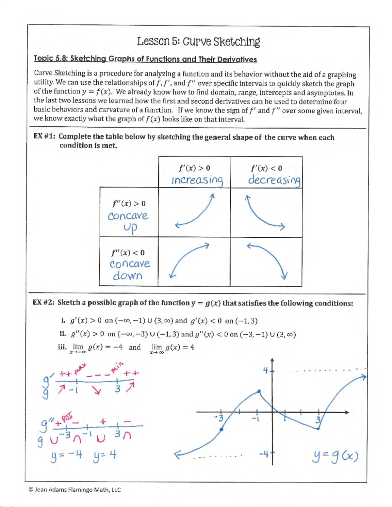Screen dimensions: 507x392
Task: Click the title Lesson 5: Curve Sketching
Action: [x=198, y=42]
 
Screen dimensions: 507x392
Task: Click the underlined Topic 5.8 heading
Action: [x=145, y=59]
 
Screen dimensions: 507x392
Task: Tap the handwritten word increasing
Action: [x=197, y=180]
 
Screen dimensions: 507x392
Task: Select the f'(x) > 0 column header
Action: [x=194, y=168]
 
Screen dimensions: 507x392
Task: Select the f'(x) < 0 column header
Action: [x=266, y=168]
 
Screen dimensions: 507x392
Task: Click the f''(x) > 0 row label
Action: [x=129, y=204]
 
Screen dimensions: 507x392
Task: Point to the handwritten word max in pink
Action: [x=80, y=368]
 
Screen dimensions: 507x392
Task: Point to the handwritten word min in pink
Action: [x=117, y=367]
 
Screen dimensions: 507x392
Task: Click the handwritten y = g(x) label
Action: [x=335, y=456]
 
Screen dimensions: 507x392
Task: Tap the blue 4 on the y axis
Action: [x=266, y=370]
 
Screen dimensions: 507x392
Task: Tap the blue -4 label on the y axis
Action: [x=264, y=453]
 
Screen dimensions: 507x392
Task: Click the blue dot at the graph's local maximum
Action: [x=259, y=391]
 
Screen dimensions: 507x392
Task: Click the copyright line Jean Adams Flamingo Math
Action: [x=74, y=490]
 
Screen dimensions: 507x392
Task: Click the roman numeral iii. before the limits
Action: [x=62, y=347]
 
